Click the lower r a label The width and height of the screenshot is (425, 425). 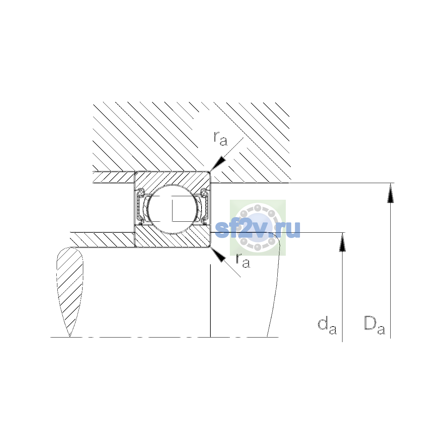pos(243,261)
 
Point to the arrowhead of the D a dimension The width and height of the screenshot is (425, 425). pos(390,193)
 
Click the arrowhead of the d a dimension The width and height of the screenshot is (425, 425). pos(342,242)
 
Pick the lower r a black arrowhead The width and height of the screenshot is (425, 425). pos(218,255)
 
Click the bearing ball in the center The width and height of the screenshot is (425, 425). pos(173,209)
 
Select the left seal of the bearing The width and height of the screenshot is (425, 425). pos(140,206)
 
